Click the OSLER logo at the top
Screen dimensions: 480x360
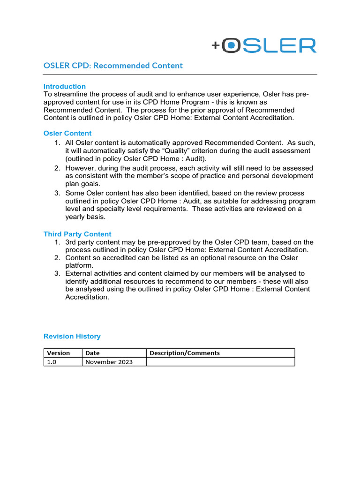tap(264, 45)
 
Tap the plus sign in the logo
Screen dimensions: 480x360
tap(216, 45)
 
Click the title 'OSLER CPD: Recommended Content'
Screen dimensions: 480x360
tap(113, 66)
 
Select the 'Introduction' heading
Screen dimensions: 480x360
tap(65, 86)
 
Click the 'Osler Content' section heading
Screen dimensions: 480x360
tap(67, 133)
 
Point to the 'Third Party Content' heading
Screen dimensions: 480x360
tap(77, 234)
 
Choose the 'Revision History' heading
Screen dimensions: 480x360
tap(72, 336)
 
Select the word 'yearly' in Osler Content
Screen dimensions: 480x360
tap(76, 217)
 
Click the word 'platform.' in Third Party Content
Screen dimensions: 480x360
tap(79, 265)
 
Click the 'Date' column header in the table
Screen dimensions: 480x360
tap(92, 353)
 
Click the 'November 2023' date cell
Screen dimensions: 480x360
tap(109, 362)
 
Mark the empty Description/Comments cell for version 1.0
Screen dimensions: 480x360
tap(220, 362)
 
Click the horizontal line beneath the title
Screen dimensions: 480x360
tap(180, 75)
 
